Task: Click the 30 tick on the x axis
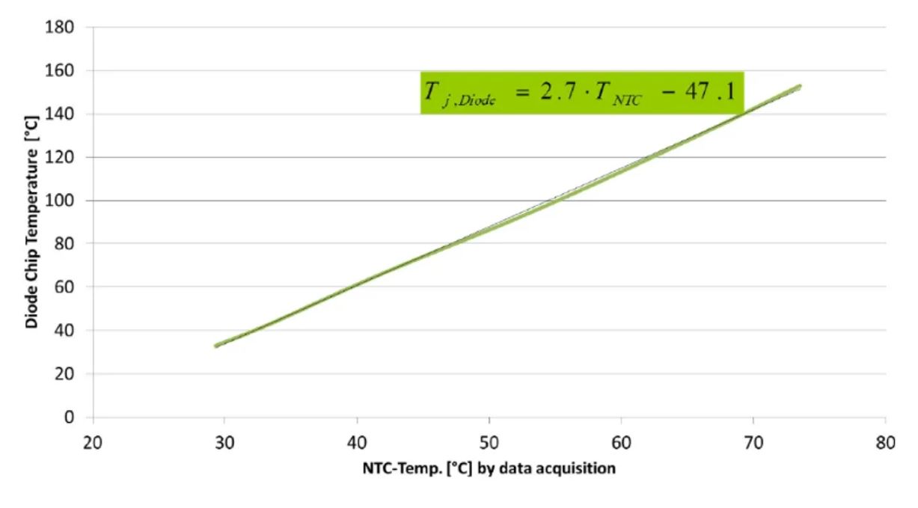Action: [x=224, y=441]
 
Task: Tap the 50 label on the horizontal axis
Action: [x=489, y=441]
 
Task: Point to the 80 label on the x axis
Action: [x=885, y=441]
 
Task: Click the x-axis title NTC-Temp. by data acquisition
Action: [x=489, y=469]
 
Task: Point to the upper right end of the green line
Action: [x=801, y=87]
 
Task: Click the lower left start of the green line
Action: [x=215, y=346]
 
